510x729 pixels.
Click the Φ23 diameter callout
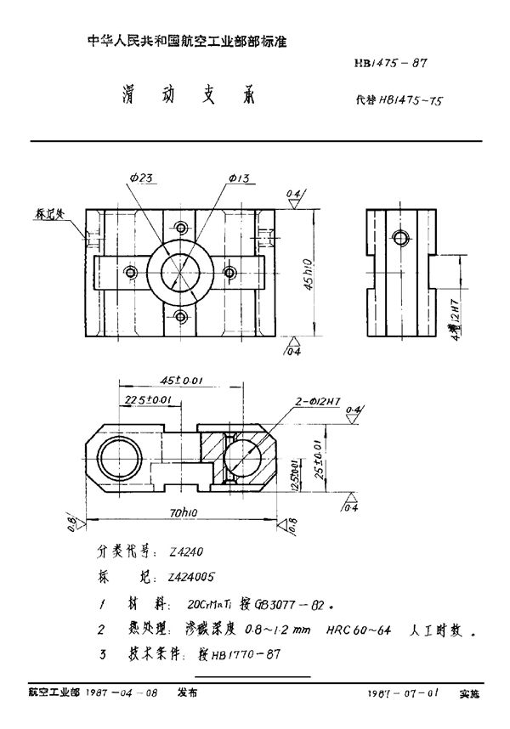click(141, 178)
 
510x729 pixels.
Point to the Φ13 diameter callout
click(238, 178)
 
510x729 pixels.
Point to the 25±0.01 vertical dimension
click(317, 455)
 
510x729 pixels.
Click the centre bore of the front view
click(179, 272)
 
